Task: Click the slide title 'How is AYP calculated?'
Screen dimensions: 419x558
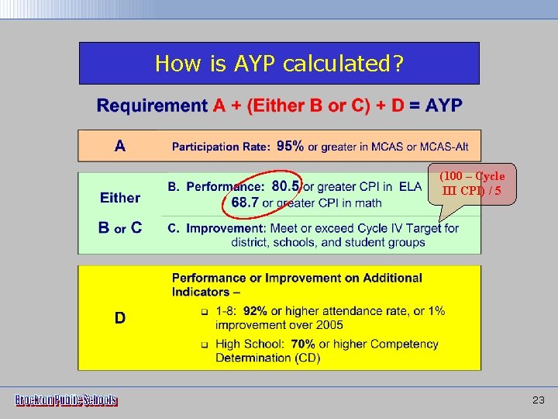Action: (279, 63)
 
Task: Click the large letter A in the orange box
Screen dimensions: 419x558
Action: (120, 145)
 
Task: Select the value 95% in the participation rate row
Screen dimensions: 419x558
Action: (290, 146)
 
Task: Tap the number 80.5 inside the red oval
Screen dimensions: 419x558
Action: (286, 186)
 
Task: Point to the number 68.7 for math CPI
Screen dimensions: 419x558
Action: (245, 203)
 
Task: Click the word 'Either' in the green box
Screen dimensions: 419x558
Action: (120, 198)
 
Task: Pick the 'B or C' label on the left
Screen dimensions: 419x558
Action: (120, 227)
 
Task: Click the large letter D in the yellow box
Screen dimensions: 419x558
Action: (120, 318)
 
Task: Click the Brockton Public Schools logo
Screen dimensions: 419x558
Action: (67, 400)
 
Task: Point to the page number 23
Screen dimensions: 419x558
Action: (539, 400)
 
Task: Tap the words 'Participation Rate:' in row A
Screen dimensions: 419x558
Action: (221, 147)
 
